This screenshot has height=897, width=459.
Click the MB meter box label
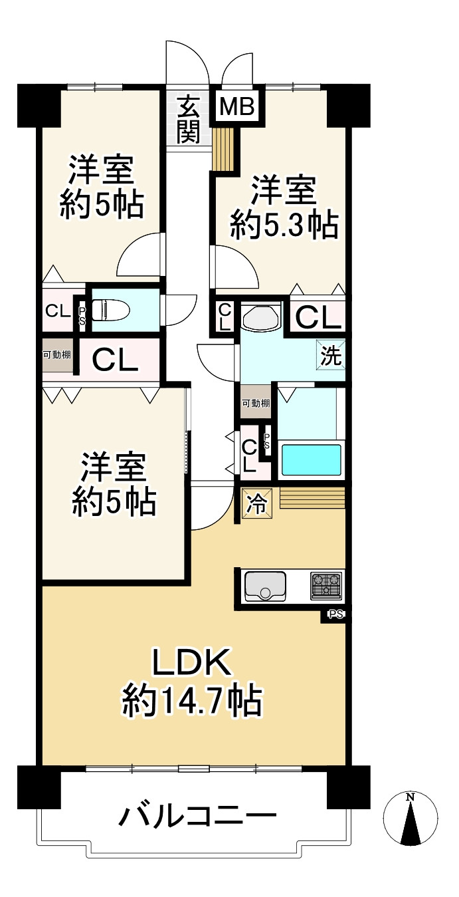(237, 107)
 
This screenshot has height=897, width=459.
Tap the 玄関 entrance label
(189, 119)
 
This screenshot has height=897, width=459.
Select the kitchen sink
(265, 585)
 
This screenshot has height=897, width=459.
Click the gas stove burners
(326, 585)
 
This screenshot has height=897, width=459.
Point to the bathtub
(311, 459)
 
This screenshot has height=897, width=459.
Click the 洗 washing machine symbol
(331, 356)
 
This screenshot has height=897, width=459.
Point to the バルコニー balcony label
(197, 816)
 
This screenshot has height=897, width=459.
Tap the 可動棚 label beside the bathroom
(256, 403)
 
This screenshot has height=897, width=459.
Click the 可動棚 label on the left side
(58, 354)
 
